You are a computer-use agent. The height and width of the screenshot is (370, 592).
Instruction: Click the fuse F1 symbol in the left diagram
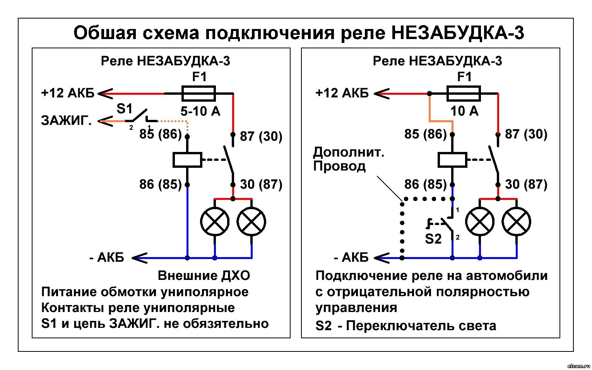pyautogui.click(x=198, y=93)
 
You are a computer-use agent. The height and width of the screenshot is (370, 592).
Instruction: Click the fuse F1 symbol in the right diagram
pyautogui.click(x=464, y=93)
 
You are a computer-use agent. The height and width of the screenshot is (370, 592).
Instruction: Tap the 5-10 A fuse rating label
pyautogui.click(x=200, y=112)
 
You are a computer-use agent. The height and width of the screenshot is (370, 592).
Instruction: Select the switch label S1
pyautogui.click(x=124, y=109)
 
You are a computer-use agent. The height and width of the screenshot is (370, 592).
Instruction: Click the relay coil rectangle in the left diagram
pyautogui.click(x=187, y=160)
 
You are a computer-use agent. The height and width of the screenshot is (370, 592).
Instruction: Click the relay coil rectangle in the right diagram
pyautogui.click(x=452, y=160)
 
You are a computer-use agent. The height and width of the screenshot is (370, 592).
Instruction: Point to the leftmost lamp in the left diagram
pyautogui.click(x=215, y=222)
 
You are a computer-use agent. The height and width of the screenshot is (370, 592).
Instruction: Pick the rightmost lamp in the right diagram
pyautogui.click(x=517, y=222)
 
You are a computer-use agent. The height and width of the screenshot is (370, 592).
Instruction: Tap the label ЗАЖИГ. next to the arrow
pyautogui.click(x=67, y=121)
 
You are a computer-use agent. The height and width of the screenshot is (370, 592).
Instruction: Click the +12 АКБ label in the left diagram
pyautogui.click(x=68, y=93)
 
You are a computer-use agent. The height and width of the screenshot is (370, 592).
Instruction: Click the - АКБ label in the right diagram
pyautogui.click(x=351, y=257)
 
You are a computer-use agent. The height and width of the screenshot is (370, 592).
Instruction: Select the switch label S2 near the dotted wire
pyautogui.click(x=433, y=239)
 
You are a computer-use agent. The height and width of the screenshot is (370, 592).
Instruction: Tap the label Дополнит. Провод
pyautogui.click(x=348, y=159)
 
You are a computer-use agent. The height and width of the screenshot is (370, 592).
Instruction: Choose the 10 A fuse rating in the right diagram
pyautogui.click(x=464, y=111)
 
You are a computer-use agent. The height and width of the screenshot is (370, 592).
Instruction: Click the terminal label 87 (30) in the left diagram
pyautogui.click(x=261, y=136)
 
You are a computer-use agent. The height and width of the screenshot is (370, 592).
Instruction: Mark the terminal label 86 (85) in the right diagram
pyautogui.click(x=425, y=184)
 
